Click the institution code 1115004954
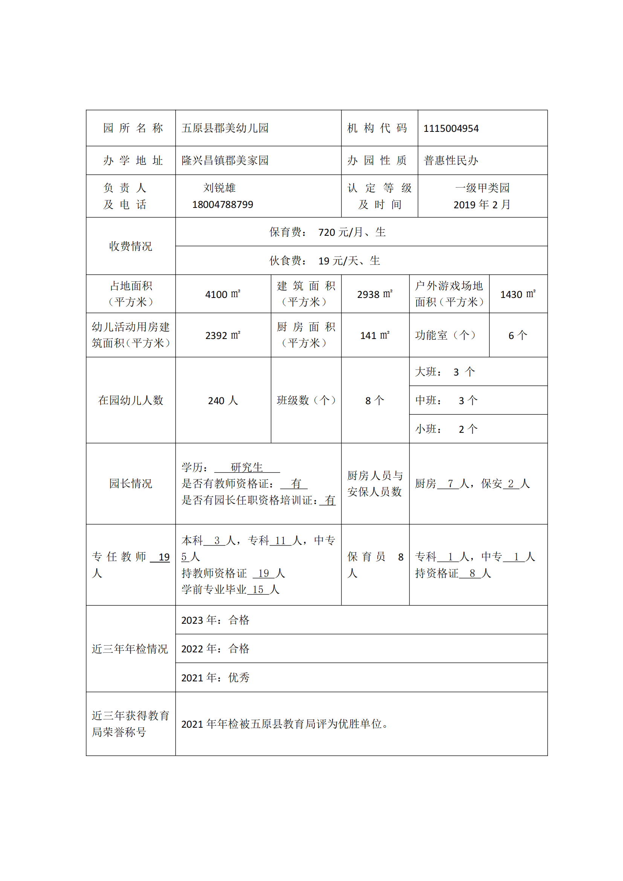[451, 128]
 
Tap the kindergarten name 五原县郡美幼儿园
[225, 128]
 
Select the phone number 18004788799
[223, 205]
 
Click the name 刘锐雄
[220, 188]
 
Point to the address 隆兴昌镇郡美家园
[225, 160]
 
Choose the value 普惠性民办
[451, 160]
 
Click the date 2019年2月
[482, 205]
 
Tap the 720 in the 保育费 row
[327, 232]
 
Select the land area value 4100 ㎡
[223, 294]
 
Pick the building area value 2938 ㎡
[375, 294]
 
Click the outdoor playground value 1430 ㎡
[518, 294]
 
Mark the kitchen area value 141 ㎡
[375, 335]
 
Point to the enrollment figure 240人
[223, 401]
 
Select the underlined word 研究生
[247, 467]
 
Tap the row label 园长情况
[130, 484]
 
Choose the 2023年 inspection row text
[215, 620]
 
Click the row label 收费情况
[130, 246]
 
